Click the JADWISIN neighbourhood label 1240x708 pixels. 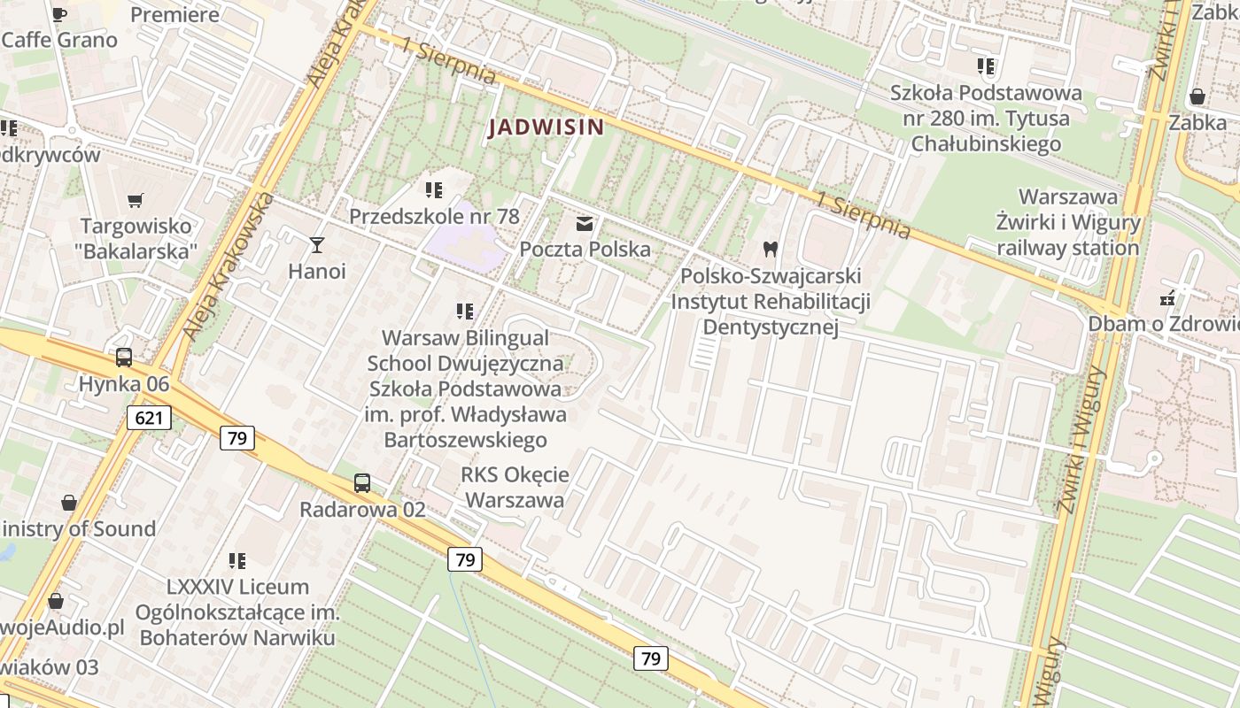(546, 127)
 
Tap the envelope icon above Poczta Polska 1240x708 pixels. (585, 224)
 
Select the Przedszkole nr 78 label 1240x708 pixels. (434, 216)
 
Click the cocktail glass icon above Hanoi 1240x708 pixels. (317, 245)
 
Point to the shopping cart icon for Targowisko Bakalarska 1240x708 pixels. (136, 201)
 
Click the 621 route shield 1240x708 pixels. (148, 417)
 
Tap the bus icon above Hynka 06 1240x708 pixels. (124, 358)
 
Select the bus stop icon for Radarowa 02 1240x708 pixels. (362, 483)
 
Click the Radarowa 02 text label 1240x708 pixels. (362, 510)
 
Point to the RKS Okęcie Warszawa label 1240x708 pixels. (515, 487)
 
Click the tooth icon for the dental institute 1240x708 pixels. (770, 250)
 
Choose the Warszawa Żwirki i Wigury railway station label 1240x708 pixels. (1067, 222)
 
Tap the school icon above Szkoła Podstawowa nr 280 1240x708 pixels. (986, 66)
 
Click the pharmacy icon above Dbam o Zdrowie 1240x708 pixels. (1168, 297)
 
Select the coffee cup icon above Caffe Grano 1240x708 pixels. (59, 14)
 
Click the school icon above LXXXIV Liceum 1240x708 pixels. (237, 560)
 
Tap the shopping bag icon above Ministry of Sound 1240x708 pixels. (69, 504)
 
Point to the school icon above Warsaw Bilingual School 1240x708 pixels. (465, 312)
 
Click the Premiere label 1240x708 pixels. (174, 14)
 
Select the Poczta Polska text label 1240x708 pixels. (585, 250)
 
